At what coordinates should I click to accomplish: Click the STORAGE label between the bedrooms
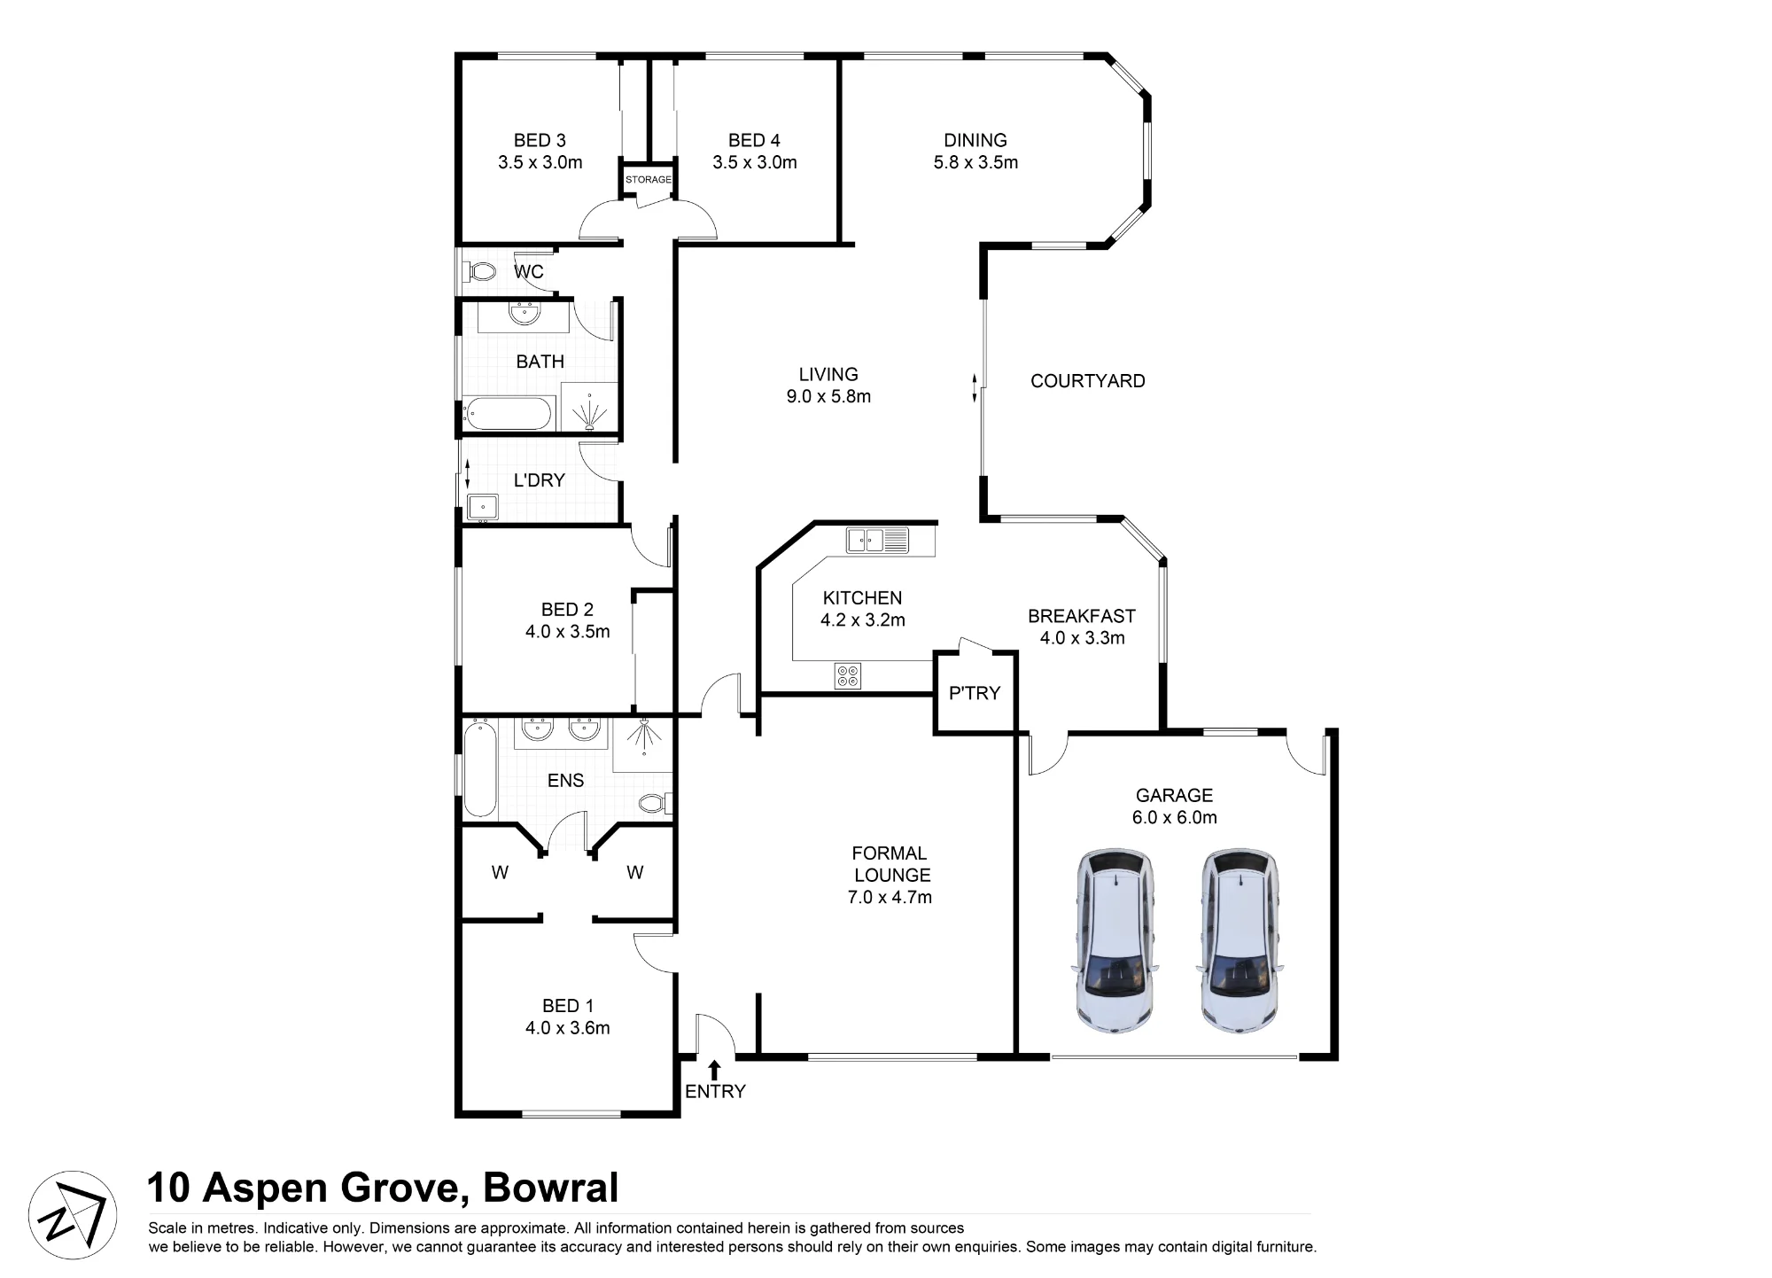[649, 180]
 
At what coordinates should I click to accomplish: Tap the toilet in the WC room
[478, 270]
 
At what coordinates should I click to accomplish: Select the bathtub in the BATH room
[508, 414]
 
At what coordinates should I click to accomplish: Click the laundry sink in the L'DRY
[483, 507]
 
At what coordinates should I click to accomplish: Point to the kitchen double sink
[877, 540]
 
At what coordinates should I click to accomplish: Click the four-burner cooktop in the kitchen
[847, 676]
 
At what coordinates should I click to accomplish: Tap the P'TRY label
[975, 693]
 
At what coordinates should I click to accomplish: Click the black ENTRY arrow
[714, 1069]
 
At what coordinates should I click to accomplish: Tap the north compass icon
[73, 1215]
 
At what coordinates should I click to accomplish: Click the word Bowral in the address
[550, 1188]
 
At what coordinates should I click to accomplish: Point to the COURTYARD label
[1088, 381]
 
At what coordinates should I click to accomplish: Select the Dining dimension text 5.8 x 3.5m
[975, 163]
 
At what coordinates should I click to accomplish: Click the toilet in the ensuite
[655, 803]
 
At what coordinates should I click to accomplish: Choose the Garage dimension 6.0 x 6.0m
[1175, 818]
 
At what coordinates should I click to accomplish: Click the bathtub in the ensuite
[480, 768]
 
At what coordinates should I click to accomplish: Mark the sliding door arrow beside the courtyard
[975, 388]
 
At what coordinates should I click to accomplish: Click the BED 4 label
[754, 140]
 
